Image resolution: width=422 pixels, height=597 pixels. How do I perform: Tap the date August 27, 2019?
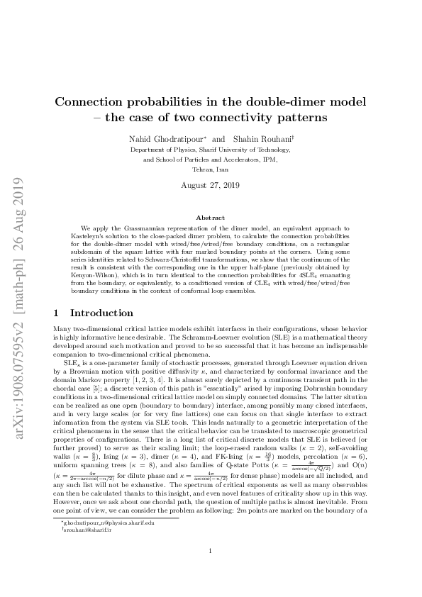click(211, 186)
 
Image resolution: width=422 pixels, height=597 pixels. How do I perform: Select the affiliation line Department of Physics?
click(211, 150)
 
